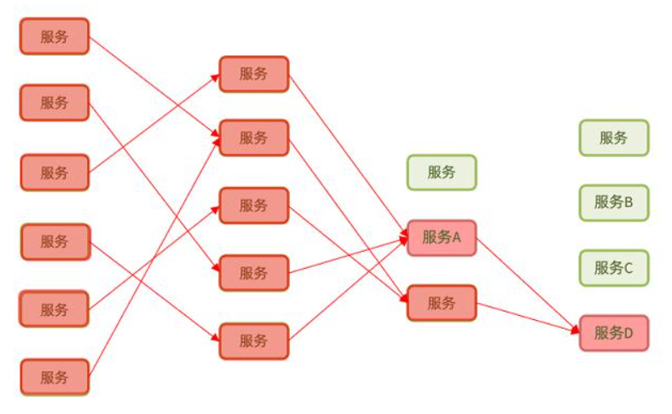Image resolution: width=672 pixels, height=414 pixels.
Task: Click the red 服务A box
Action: [441, 237]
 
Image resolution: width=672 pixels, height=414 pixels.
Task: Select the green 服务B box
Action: [613, 202]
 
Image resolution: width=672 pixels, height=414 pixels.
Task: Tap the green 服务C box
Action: [613, 267]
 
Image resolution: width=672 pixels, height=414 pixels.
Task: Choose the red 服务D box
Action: [613, 332]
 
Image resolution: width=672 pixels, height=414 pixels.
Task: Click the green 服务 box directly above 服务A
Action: [441, 172]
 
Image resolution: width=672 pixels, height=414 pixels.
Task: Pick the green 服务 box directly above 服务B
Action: [613, 137]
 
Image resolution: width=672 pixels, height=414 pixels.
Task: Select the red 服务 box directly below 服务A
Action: [441, 302]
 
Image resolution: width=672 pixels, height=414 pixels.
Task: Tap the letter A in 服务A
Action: [456, 237]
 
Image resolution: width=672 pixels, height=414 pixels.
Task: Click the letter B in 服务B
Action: [629, 202]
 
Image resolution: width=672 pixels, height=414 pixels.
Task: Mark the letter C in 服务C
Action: [629, 267]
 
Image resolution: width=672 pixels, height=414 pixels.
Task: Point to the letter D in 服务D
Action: [629, 332]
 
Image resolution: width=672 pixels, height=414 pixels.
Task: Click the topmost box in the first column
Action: [54, 36]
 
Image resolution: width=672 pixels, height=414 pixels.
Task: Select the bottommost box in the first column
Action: [54, 376]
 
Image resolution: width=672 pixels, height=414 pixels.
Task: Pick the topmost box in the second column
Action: [253, 73]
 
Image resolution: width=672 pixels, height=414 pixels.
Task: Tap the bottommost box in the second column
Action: [253, 341]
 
